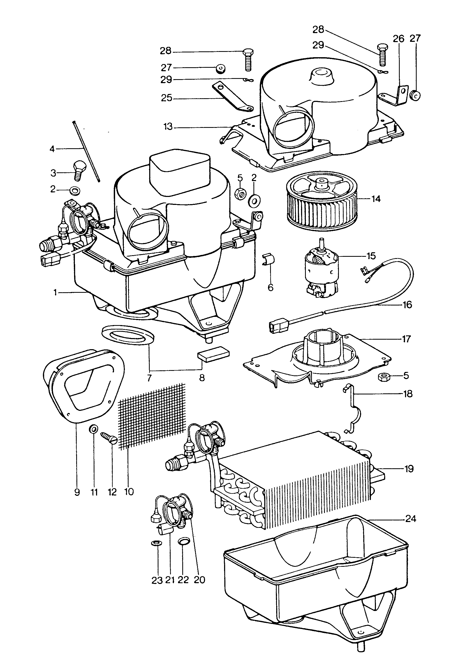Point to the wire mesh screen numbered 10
[x=152, y=416]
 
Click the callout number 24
[x=411, y=519]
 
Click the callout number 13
[x=168, y=126]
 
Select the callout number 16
[x=407, y=304]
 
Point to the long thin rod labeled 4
[x=86, y=151]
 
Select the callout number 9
[x=77, y=492]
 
